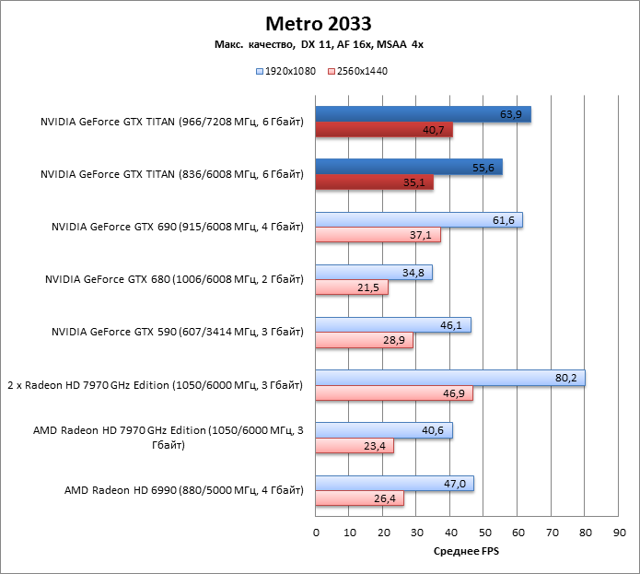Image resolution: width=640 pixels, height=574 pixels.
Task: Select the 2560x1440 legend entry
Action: (x=356, y=70)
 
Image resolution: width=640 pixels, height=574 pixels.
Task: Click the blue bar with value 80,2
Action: (x=449, y=379)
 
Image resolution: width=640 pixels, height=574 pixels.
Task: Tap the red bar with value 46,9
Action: (x=394, y=393)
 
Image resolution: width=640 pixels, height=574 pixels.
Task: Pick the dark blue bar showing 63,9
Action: (x=423, y=114)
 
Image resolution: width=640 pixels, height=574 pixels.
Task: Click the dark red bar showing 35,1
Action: (x=374, y=182)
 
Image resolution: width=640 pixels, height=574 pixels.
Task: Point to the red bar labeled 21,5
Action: (x=352, y=288)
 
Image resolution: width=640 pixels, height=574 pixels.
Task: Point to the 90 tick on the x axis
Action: (x=619, y=533)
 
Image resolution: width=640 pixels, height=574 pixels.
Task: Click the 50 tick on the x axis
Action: (x=484, y=533)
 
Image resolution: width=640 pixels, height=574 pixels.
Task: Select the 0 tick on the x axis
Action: (x=316, y=533)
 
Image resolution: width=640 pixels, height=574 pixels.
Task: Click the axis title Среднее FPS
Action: (x=467, y=551)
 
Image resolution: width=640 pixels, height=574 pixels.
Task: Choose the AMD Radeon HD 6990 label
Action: (x=183, y=490)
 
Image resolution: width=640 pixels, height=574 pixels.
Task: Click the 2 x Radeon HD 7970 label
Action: (x=155, y=385)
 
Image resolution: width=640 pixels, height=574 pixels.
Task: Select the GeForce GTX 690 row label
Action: (x=177, y=228)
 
